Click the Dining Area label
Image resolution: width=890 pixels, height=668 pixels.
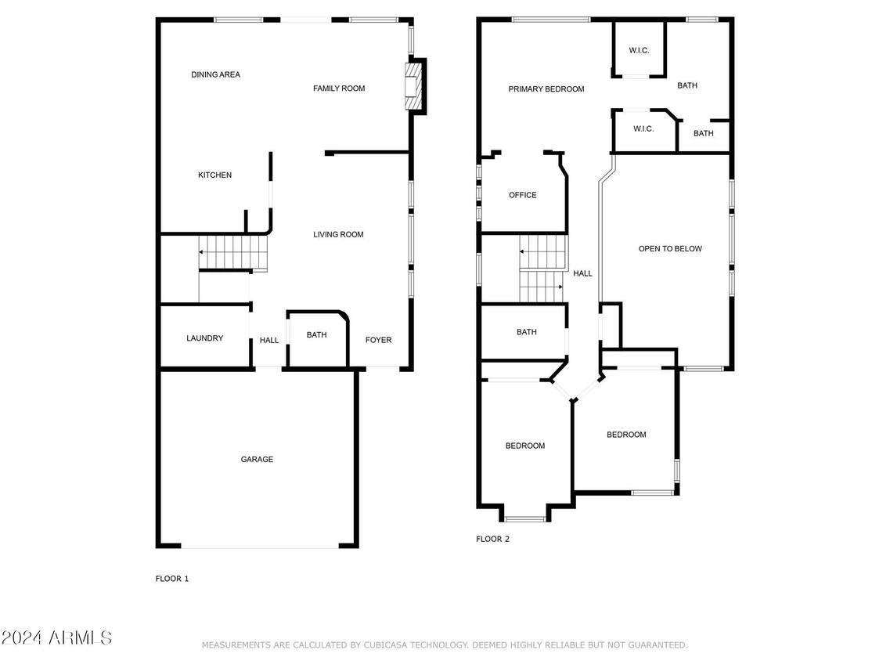[x=216, y=74]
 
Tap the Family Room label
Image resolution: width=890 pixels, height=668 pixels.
[x=339, y=88]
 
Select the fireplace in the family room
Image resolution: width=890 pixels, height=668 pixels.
[x=414, y=85]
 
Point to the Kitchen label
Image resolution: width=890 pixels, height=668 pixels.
[x=214, y=175]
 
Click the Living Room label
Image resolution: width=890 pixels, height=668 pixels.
[x=338, y=234]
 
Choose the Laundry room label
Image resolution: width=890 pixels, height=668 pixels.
[x=205, y=338]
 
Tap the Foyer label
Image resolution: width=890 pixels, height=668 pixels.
[x=379, y=340]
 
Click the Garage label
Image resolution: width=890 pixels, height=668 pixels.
[x=257, y=459]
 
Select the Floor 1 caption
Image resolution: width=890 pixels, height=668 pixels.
[x=172, y=578]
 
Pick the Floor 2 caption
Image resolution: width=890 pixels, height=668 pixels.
[x=492, y=539]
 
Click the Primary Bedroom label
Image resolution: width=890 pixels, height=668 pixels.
[x=546, y=88]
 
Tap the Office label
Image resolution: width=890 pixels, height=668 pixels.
[x=523, y=195]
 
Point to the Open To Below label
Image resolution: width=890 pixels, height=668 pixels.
[x=670, y=248]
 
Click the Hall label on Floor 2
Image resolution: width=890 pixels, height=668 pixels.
[x=582, y=273]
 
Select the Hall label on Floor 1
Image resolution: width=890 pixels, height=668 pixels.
[x=269, y=340]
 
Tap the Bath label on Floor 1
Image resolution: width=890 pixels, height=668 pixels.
[x=317, y=334]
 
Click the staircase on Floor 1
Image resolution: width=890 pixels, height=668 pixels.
[x=232, y=251]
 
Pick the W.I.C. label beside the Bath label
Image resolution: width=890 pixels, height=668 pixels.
[x=643, y=129]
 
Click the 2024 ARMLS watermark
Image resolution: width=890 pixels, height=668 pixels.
[x=56, y=637]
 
